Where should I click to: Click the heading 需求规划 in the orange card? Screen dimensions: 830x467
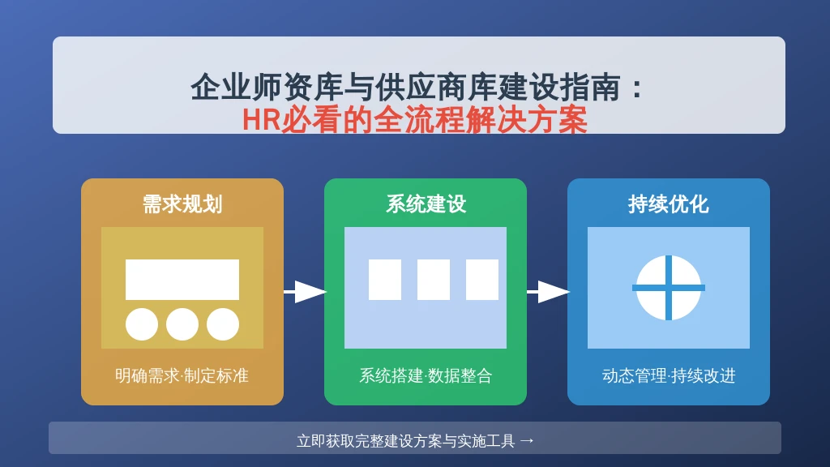click(182, 204)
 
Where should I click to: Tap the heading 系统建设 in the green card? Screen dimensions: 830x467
click(426, 204)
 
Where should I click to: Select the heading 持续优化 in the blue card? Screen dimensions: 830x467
click(668, 204)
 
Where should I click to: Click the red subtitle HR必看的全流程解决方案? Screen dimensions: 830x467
click(415, 120)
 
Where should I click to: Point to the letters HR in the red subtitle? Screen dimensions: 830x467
click(262, 120)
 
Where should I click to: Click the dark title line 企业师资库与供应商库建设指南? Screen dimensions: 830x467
click(405, 87)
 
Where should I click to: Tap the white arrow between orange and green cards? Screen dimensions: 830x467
click(305, 292)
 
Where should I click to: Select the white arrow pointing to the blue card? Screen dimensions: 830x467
click(548, 292)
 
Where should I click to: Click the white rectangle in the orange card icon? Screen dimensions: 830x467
click(182, 280)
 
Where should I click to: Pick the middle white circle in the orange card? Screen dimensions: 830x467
click(182, 324)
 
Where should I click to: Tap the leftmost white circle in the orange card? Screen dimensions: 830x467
click(142, 324)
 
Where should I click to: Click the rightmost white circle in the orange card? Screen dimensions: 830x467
click(223, 324)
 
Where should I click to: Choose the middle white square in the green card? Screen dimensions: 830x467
click(434, 280)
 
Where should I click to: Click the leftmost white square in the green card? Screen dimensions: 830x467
click(385, 280)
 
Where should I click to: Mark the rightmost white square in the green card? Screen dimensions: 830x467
click(482, 280)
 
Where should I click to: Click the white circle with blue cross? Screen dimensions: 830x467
click(669, 288)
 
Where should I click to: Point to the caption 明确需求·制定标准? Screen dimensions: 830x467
click(182, 376)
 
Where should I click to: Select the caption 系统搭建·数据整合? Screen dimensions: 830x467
click(426, 376)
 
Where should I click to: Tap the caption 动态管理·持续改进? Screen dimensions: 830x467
click(669, 376)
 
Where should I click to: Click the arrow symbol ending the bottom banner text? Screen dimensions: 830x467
click(527, 440)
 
